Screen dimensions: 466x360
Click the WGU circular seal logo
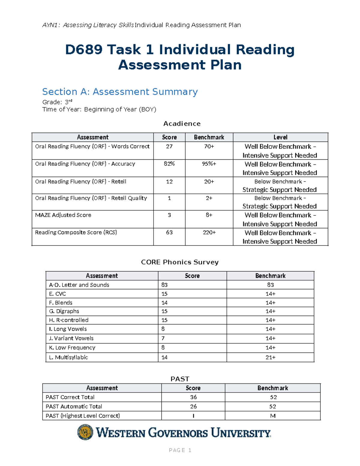click(x=85, y=432)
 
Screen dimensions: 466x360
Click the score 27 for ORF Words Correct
click(x=169, y=146)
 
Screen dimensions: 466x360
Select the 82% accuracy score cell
click(x=169, y=164)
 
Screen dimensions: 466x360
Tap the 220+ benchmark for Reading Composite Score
click(x=209, y=233)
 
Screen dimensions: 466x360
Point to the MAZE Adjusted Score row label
click(x=63, y=215)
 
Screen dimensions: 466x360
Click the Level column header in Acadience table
click(x=280, y=137)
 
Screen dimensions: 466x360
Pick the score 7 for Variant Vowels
click(x=163, y=338)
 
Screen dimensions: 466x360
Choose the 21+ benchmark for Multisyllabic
click(x=270, y=357)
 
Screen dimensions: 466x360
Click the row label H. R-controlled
click(x=69, y=320)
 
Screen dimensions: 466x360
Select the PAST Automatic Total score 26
click(x=193, y=407)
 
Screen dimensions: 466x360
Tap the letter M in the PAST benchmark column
click(x=273, y=416)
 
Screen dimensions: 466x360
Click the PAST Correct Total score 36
click(x=193, y=397)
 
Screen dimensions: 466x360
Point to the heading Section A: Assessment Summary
click(x=120, y=92)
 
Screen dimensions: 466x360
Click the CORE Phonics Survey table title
click(x=180, y=262)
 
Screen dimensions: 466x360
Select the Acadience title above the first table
click(x=182, y=124)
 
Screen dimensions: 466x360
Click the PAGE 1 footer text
click(x=180, y=450)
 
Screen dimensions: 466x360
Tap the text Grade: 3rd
click(x=57, y=102)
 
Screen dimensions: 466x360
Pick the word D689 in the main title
click(x=84, y=50)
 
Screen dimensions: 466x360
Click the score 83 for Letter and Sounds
click(x=164, y=285)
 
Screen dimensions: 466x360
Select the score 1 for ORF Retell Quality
click(x=169, y=198)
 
